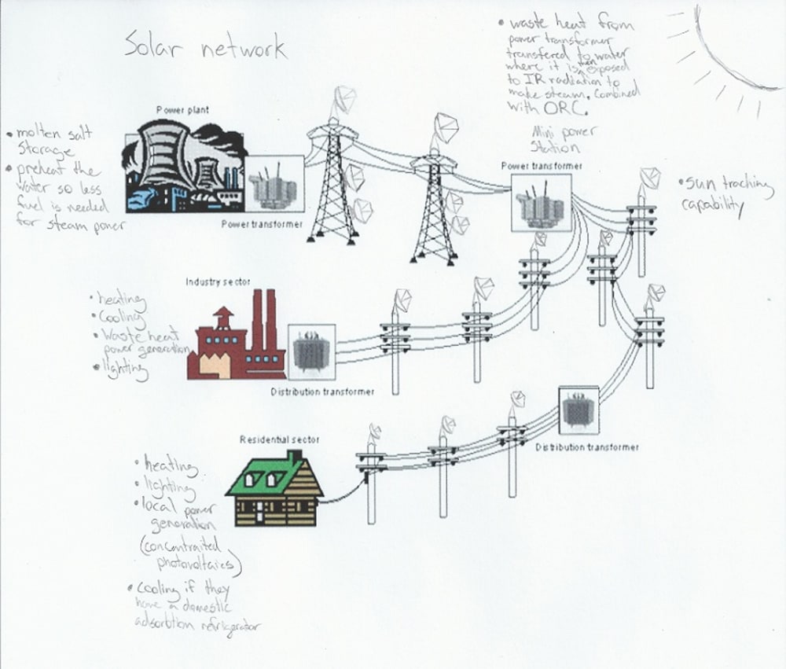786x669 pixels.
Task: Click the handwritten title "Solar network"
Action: click(206, 49)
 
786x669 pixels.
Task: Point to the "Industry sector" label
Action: click(212, 281)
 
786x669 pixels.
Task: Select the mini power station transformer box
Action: click(540, 202)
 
